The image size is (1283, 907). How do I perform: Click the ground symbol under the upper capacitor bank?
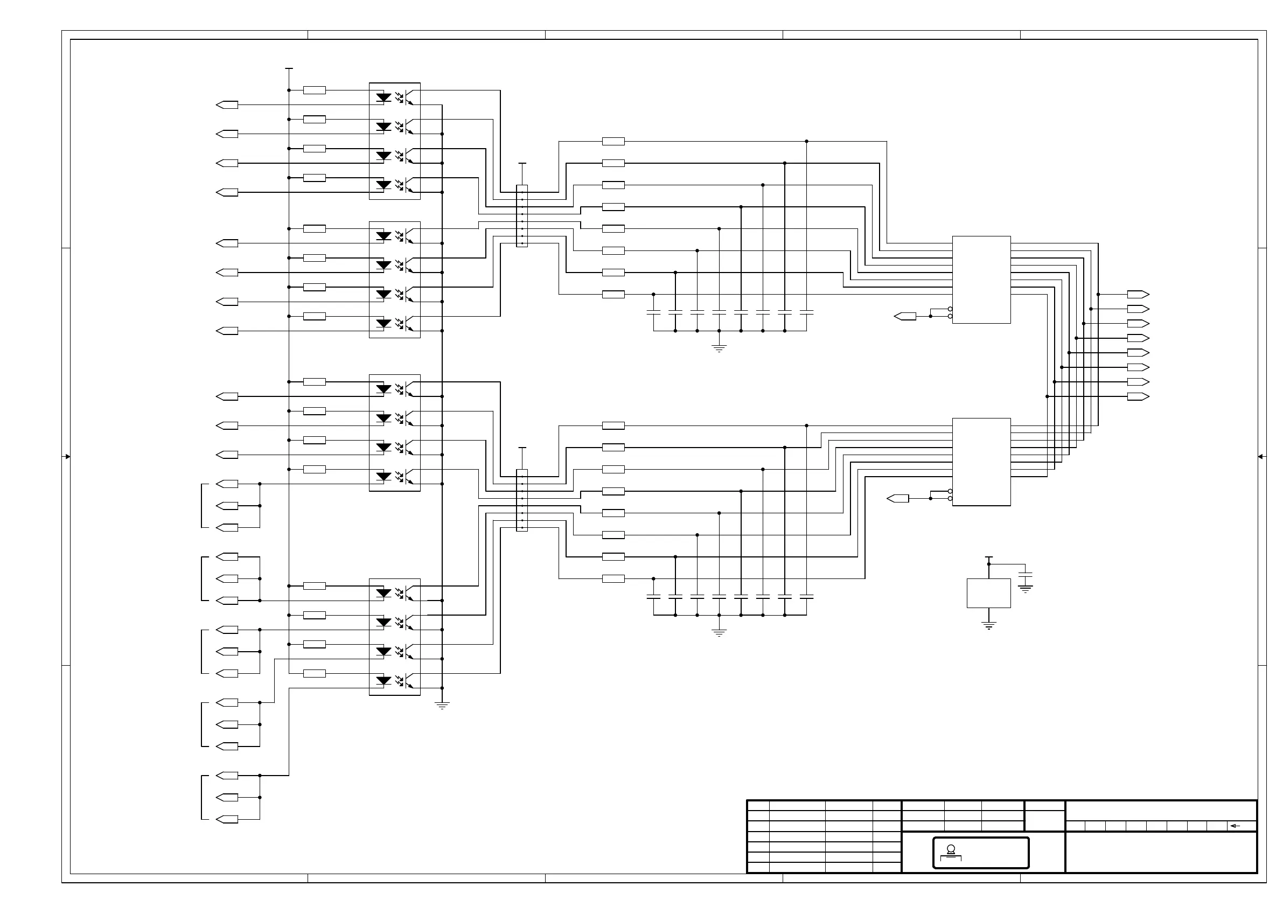click(x=719, y=348)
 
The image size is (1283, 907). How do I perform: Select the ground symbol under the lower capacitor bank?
click(x=719, y=633)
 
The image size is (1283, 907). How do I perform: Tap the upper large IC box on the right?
click(x=981, y=280)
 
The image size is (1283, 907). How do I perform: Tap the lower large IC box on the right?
click(x=981, y=462)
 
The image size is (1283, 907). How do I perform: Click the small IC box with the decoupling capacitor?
click(x=988, y=593)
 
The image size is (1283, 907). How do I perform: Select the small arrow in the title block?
click(x=1235, y=826)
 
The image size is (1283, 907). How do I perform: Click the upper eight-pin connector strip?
click(x=522, y=216)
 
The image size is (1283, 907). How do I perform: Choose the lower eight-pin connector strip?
click(x=522, y=500)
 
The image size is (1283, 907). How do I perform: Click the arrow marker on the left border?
click(x=67, y=457)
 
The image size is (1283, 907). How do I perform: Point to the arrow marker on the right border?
click(x=1261, y=457)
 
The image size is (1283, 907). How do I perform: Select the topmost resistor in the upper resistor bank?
click(x=613, y=142)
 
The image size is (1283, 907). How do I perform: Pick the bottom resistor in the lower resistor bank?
click(x=613, y=578)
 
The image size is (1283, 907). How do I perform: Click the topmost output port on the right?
click(x=1138, y=295)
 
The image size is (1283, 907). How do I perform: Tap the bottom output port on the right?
click(x=1138, y=396)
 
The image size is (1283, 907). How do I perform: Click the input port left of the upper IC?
click(x=905, y=316)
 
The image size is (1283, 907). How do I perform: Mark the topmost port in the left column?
click(x=227, y=105)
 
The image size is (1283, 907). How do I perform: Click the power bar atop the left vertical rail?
click(x=289, y=69)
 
